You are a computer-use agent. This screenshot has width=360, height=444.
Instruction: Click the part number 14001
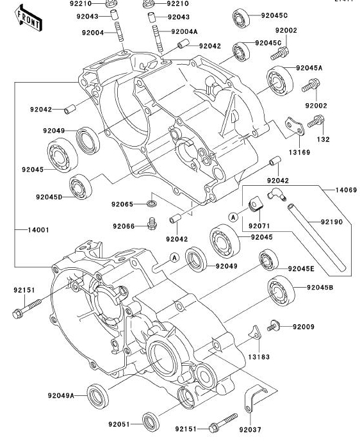[x=38, y=230]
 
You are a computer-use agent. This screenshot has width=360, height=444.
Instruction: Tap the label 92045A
[x=309, y=68]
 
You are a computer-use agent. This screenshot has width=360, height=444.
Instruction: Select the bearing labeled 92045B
[x=281, y=291]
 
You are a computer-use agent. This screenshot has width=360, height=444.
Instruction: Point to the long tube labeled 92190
[x=316, y=236]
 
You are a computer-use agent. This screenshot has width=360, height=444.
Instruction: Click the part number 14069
[x=346, y=190]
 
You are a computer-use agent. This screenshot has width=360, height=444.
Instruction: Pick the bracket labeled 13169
[x=295, y=127]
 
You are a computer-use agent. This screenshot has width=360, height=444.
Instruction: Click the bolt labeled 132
[x=316, y=122]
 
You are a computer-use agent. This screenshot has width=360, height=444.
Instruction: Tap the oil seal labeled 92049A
[x=97, y=397]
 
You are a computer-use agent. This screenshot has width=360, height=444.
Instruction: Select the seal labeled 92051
[x=151, y=422]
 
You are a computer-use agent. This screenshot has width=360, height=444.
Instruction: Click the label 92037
[x=250, y=430]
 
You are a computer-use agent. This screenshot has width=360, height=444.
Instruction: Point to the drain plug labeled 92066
[x=152, y=224]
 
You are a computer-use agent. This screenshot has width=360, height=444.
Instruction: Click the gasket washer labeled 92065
[x=152, y=203]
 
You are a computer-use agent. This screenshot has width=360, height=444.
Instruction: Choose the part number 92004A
[x=184, y=31]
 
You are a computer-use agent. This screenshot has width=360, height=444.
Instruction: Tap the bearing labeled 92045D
[x=81, y=187]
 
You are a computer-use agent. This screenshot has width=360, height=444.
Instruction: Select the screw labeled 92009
[x=274, y=326]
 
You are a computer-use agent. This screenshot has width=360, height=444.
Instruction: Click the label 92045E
[x=301, y=268]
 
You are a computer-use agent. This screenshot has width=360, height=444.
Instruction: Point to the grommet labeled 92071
[x=256, y=204]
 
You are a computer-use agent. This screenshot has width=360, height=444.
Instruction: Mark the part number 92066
[x=124, y=226]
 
